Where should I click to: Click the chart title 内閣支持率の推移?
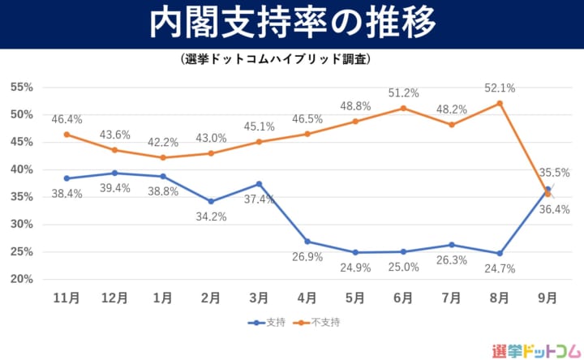[291, 24]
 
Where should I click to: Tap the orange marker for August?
[500, 103]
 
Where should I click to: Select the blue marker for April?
[307, 242]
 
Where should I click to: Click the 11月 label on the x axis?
[67, 298]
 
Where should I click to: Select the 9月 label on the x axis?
[547, 298]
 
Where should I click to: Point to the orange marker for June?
[403, 108]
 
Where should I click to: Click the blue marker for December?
[115, 173]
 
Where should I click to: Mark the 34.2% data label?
[211, 216]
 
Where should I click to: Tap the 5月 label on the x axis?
[355, 298]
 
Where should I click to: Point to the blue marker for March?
[260, 184]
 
